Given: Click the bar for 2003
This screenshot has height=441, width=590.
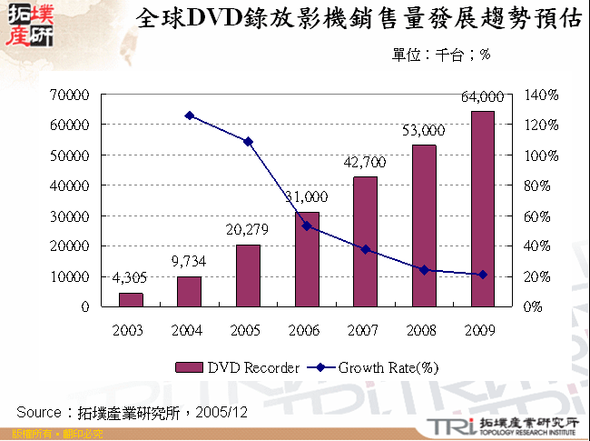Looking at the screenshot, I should [x=131, y=299].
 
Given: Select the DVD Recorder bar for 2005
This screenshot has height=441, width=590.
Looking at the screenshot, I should [x=248, y=276].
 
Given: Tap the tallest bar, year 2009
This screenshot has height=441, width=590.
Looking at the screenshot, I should [x=482, y=209].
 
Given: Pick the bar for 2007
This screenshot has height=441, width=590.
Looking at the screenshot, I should [x=365, y=241].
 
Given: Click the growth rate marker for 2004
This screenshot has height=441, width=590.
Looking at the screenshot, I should [x=189, y=115].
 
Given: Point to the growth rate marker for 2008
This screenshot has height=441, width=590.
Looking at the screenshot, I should [x=424, y=270].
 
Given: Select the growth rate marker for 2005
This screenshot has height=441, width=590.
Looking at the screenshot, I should [x=248, y=142].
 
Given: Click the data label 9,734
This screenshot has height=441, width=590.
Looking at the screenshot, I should [x=189, y=262].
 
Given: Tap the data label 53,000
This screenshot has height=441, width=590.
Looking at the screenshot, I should [x=423, y=130].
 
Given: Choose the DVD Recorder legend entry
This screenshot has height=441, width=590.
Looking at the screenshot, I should [x=237, y=368].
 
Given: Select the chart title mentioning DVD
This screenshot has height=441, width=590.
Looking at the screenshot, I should [x=358, y=20].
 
